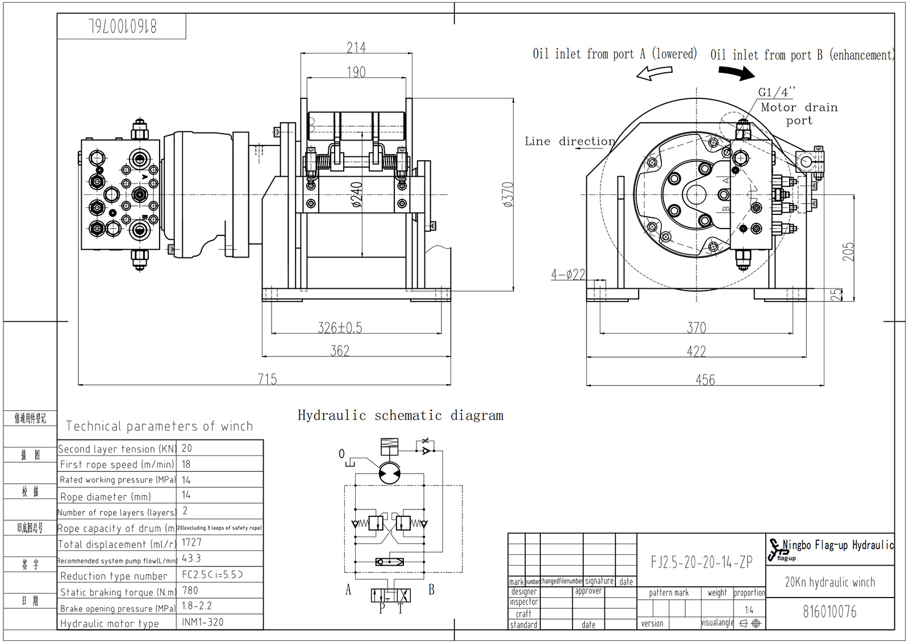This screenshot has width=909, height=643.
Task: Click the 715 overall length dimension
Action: click(x=267, y=379)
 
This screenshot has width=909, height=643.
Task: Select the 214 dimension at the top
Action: click(x=356, y=47)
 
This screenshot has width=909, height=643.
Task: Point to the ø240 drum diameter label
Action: click(x=357, y=194)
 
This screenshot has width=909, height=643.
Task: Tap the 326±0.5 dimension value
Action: click(x=340, y=327)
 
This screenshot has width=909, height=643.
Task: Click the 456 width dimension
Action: click(x=705, y=379)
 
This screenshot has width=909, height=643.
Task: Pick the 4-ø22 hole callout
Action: click(x=568, y=275)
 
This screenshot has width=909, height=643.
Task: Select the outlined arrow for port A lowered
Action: click(x=654, y=73)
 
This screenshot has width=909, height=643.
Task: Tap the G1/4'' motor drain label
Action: click(x=776, y=92)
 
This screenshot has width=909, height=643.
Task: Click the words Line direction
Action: click(x=569, y=141)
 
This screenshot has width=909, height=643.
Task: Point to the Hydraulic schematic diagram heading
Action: click(x=401, y=416)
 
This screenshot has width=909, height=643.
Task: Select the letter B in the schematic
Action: click(x=431, y=590)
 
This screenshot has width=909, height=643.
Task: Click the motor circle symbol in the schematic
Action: click(x=389, y=473)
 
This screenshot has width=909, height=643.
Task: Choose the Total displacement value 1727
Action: click(x=191, y=542)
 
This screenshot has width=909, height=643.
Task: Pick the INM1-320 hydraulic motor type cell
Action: click(x=203, y=622)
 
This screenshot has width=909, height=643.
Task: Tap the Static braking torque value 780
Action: click(x=190, y=591)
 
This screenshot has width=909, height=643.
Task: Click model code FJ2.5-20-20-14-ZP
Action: click(x=702, y=562)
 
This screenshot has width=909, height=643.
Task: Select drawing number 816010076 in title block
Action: click(x=829, y=612)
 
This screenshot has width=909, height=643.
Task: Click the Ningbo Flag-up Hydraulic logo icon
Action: click(x=775, y=550)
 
